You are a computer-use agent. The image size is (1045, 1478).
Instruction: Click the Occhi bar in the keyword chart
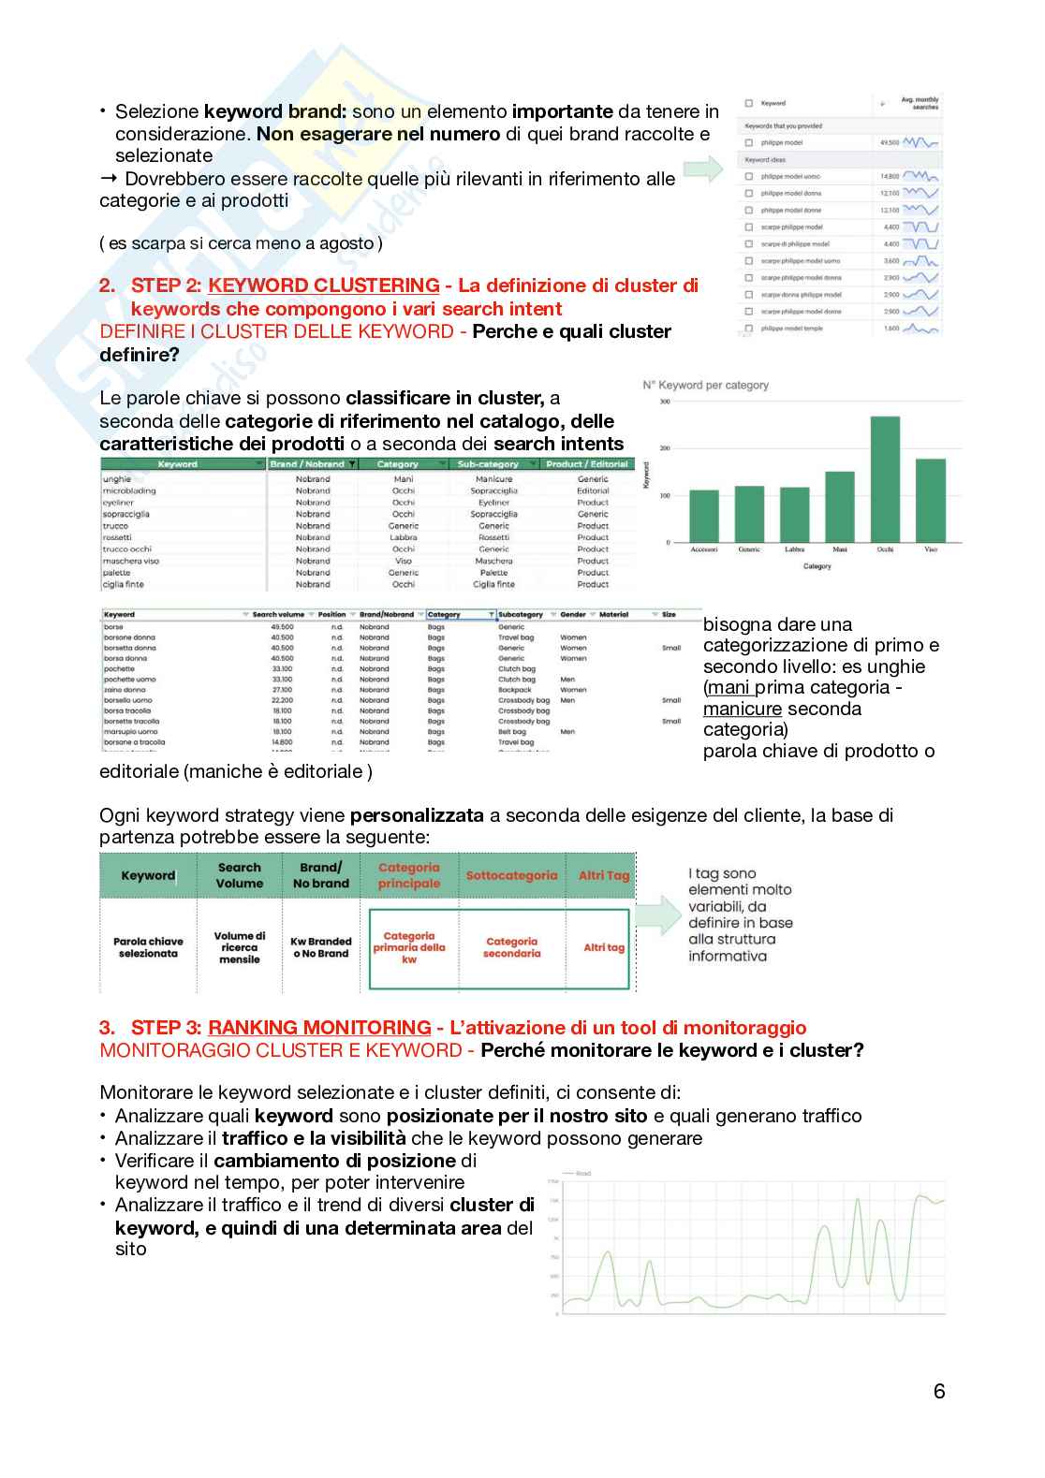(x=885, y=479)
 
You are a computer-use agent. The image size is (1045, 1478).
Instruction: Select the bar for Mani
(x=840, y=506)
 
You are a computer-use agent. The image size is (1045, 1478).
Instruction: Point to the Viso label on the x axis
(x=931, y=549)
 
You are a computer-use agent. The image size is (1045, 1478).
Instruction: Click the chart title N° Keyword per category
(x=705, y=385)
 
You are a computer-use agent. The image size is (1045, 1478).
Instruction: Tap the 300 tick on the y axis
(x=665, y=402)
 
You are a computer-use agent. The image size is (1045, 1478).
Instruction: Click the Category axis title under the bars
(x=817, y=566)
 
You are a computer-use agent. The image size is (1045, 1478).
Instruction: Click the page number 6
(x=939, y=1391)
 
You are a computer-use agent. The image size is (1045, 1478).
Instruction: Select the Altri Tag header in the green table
(x=603, y=876)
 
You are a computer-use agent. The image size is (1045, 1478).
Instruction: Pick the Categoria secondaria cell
(x=511, y=947)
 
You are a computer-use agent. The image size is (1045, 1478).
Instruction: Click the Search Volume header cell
(x=240, y=875)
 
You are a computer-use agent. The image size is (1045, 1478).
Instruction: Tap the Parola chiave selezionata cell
(x=148, y=947)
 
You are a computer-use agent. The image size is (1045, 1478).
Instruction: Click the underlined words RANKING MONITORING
(x=319, y=1028)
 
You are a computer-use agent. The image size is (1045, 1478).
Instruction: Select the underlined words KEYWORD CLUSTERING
(x=323, y=285)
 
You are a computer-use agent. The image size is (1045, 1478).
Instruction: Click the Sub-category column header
(x=488, y=464)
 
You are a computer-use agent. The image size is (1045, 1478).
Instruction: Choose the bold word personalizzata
(x=417, y=815)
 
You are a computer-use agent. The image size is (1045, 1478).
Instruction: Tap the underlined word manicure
(x=742, y=709)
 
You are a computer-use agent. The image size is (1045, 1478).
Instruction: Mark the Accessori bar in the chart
(x=704, y=516)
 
